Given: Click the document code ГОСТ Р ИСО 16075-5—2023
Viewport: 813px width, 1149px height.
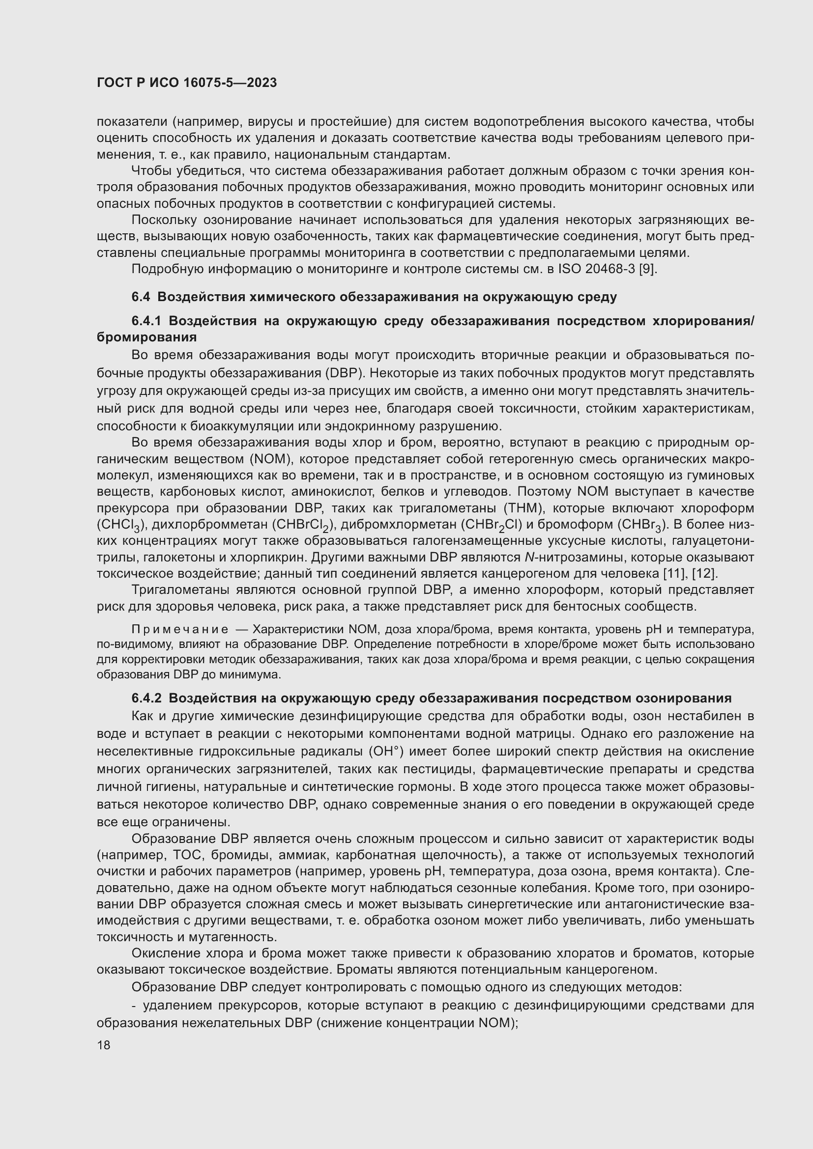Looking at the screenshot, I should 187,83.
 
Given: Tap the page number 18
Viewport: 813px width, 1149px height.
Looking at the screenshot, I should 104,1045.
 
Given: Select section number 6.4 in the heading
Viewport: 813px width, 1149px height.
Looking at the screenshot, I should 141,297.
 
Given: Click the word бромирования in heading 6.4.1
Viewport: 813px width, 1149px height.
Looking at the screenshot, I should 146,337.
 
